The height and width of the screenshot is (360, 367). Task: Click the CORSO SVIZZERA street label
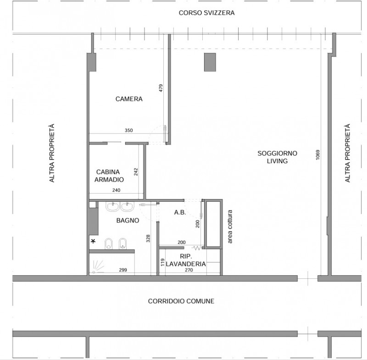[206, 13]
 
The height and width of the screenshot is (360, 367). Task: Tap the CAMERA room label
[129, 99]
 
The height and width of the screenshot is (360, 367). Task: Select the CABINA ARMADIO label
[109, 176]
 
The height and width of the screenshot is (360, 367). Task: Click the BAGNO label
[128, 220]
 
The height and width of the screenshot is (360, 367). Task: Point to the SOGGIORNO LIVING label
[278, 157]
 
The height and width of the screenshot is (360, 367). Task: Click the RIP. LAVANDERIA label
[186, 260]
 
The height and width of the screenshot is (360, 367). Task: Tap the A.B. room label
[180, 212]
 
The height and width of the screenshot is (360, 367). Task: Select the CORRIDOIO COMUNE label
[181, 301]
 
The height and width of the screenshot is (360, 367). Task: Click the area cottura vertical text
[230, 227]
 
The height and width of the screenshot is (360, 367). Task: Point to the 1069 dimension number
[317, 155]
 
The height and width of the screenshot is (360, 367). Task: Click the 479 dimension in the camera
[161, 88]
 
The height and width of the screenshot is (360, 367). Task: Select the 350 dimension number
[129, 131]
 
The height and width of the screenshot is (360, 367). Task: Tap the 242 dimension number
[136, 172]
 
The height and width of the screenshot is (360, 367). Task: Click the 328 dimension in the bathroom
[148, 238]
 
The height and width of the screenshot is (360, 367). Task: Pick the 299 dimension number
[123, 270]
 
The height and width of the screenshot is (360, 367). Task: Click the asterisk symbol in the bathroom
[93, 241]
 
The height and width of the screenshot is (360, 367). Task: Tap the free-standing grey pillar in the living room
[210, 62]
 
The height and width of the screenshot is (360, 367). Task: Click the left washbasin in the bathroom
[113, 206]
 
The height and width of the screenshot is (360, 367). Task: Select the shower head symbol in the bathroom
[98, 266]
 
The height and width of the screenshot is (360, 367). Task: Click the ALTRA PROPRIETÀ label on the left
[52, 153]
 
